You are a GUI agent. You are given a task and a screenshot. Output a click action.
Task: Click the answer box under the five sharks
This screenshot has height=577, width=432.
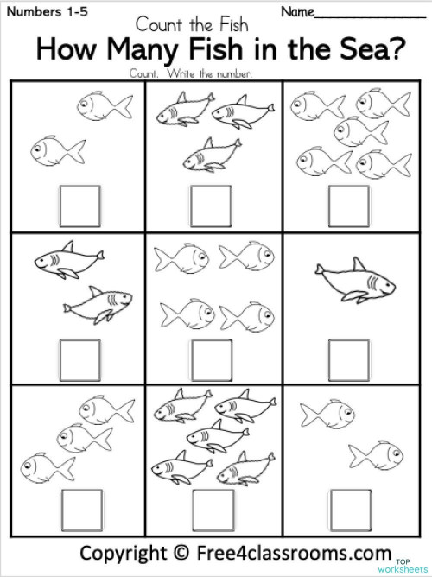point(208,506)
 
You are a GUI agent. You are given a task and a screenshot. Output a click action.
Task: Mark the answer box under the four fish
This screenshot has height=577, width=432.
point(207,356)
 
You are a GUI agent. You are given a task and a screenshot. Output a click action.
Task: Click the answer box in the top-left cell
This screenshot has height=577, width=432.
point(73,205)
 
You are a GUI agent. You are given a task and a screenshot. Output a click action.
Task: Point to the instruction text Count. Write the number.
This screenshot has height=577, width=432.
point(191,73)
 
